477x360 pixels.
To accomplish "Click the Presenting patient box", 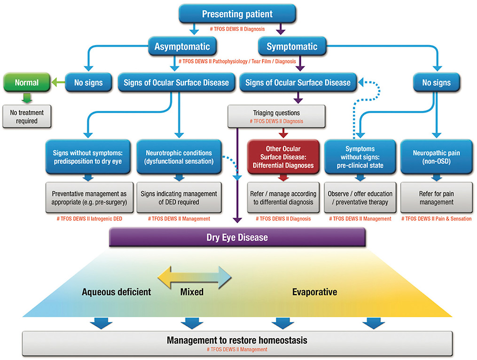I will coord(237,14).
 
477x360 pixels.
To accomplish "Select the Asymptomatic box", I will coord(185,47).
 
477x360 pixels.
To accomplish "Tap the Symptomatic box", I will coord(292,47).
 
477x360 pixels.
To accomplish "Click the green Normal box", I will coord(26,83).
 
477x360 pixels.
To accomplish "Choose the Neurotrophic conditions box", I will coord(178,157).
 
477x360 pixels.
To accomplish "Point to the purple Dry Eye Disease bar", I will coord(237,237).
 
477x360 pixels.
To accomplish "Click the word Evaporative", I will coord(314,292).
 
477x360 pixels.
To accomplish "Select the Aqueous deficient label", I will coord(116,292).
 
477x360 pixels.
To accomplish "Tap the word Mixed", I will coord(192,292).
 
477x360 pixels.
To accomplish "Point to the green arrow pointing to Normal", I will coord(58,83).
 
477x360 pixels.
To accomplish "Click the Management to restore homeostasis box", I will coord(237,341).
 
